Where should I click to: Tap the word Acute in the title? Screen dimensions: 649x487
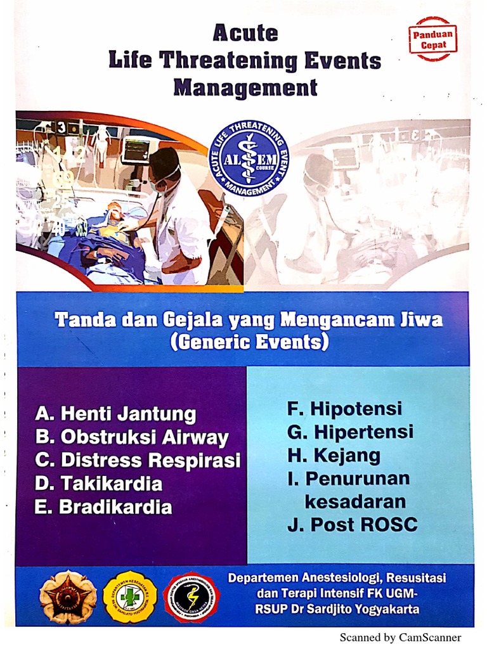[245, 32]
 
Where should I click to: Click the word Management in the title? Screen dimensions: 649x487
[245, 87]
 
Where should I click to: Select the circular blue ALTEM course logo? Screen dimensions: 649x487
[248, 158]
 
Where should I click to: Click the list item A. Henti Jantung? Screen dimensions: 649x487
[115, 414]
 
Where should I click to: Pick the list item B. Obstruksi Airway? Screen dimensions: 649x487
[132, 437]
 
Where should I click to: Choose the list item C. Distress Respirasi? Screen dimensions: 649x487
[138, 460]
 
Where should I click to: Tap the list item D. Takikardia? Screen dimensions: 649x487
[98, 484]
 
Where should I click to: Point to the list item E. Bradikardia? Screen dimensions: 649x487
[103, 507]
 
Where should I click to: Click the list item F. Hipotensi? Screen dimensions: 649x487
[344, 409]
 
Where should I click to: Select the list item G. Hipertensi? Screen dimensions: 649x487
[350, 432]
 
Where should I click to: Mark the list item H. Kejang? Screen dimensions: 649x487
[334, 455]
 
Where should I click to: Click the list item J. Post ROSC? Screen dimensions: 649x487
[352, 525]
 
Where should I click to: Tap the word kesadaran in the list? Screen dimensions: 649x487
[355, 502]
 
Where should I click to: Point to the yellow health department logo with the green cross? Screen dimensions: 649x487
[129, 596]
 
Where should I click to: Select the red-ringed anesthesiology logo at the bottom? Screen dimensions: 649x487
[191, 597]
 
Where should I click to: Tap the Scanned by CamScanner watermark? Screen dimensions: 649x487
[400, 638]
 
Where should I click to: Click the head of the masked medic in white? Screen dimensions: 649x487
[164, 166]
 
